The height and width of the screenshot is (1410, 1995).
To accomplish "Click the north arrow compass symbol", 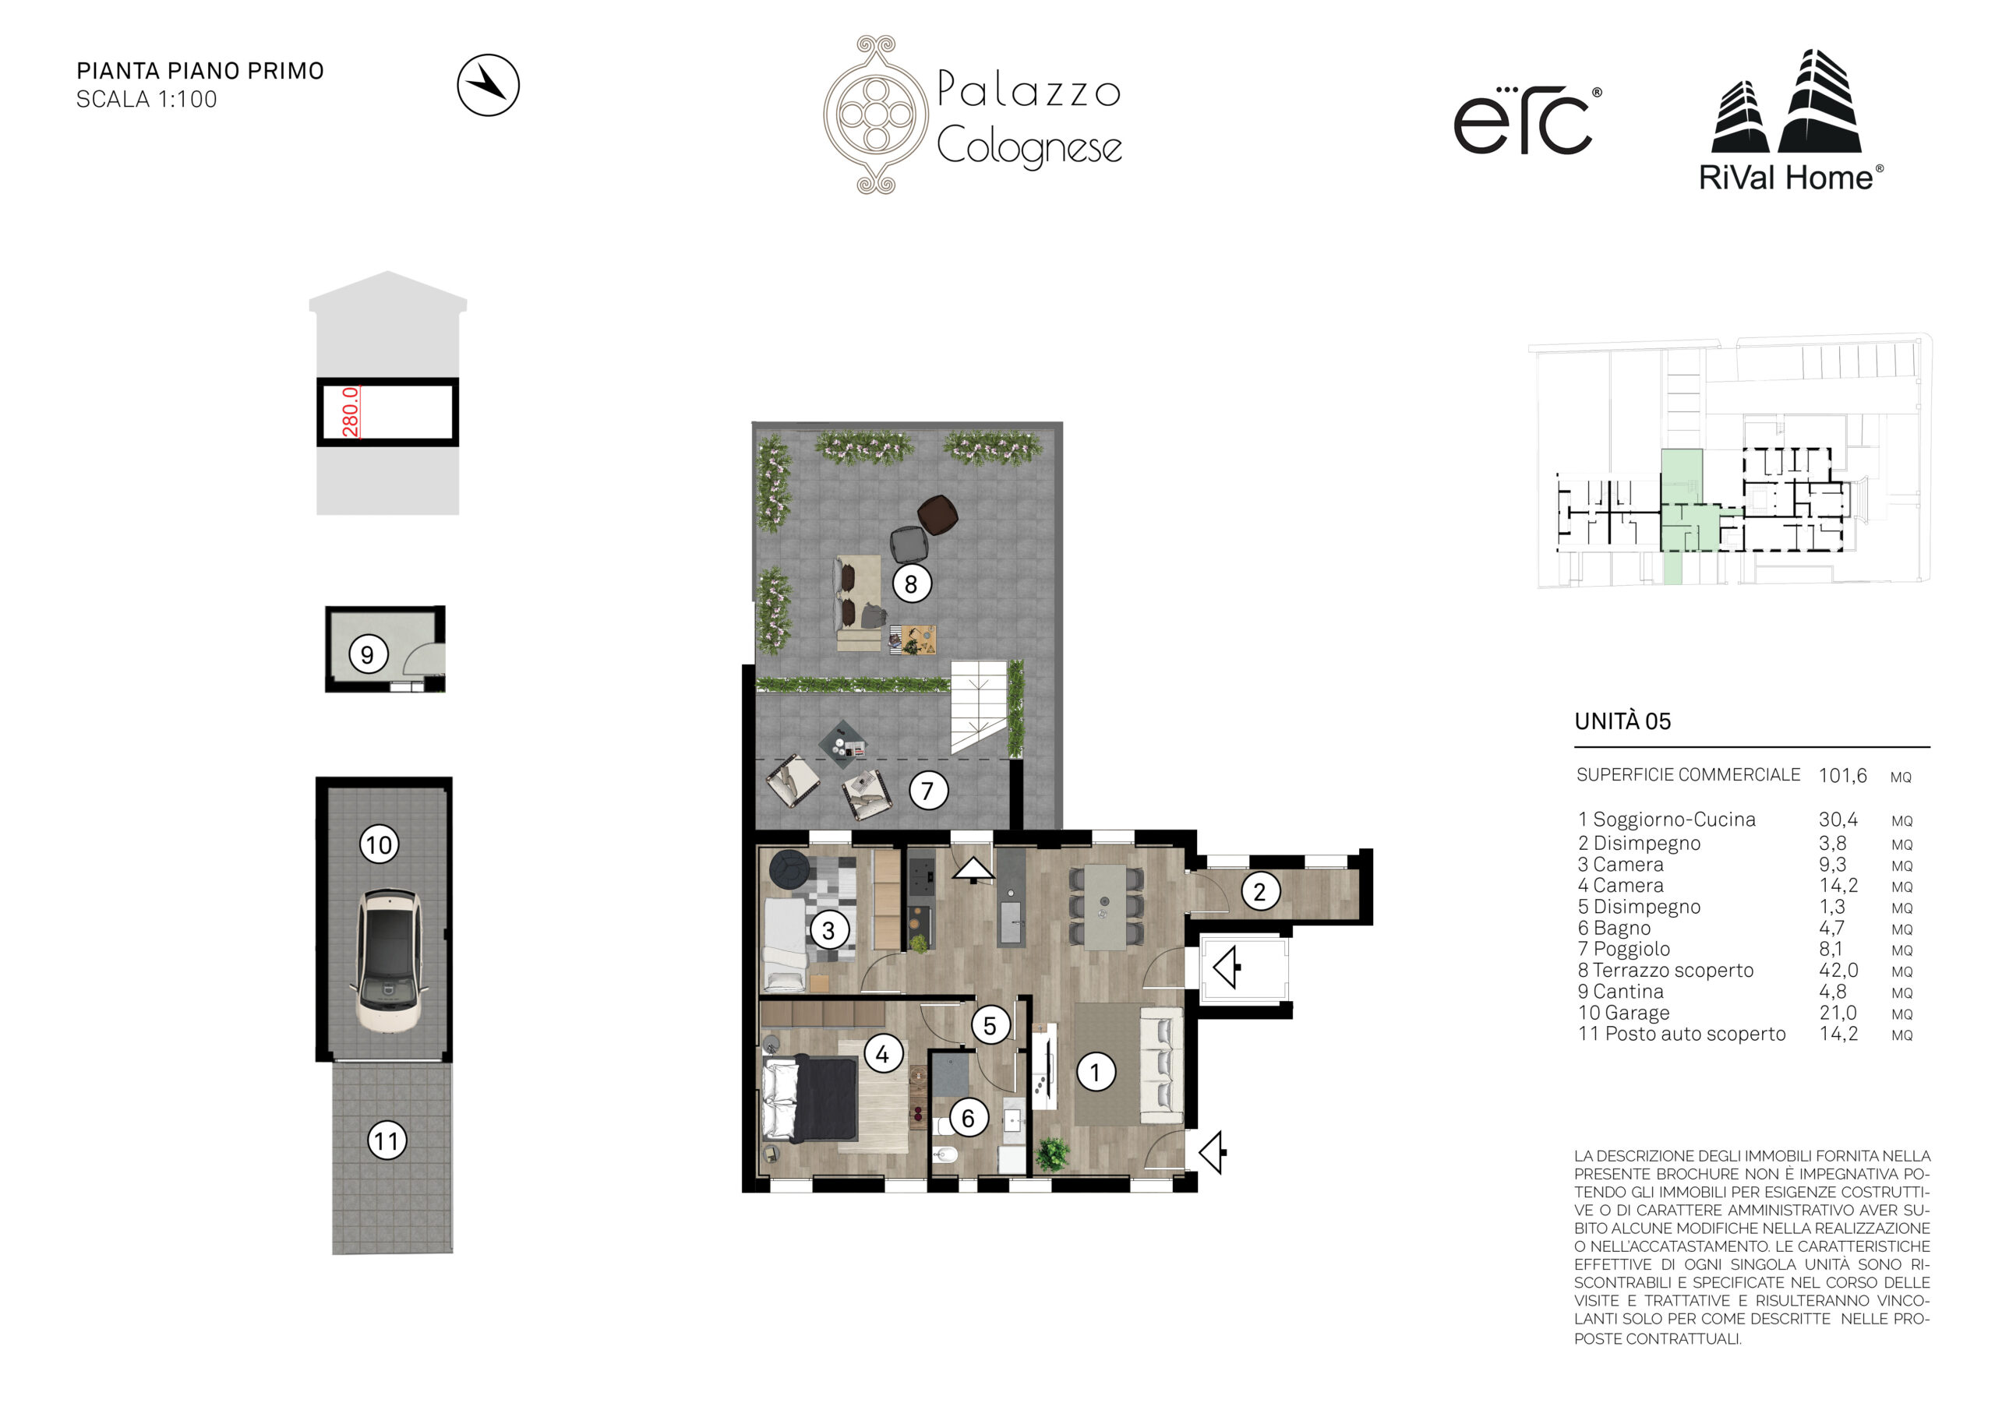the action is tap(489, 85).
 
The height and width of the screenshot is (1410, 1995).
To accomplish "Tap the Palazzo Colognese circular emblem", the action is tap(875, 114).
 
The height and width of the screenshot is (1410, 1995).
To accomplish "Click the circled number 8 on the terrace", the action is tap(911, 583).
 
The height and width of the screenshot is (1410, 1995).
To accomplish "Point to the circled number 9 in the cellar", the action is tap(368, 654).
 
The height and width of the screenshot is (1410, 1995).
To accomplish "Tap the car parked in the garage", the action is tap(388, 959).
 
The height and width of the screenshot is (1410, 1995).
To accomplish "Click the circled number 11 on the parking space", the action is tap(387, 1140).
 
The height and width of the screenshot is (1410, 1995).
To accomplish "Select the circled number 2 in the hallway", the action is tap(1260, 891).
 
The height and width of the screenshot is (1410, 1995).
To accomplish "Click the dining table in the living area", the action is tap(1105, 907).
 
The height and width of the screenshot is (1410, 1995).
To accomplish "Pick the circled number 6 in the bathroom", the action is tap(968, 1117).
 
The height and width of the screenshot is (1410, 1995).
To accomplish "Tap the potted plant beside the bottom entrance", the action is tap(1052, 1153).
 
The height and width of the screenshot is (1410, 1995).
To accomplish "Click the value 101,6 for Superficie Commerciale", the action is tap(1843, 776).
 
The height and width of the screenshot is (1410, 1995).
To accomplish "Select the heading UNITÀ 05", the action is tap(1622, 721).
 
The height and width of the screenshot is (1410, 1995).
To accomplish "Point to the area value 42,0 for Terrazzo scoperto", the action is tap(1838, 971).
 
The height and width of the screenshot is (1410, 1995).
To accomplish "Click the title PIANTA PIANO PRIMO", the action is tap(199, 71).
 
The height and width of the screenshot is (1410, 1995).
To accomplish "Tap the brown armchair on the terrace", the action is tap(937, 514).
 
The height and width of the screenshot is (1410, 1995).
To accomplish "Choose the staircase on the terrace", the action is tap(980, 707).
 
